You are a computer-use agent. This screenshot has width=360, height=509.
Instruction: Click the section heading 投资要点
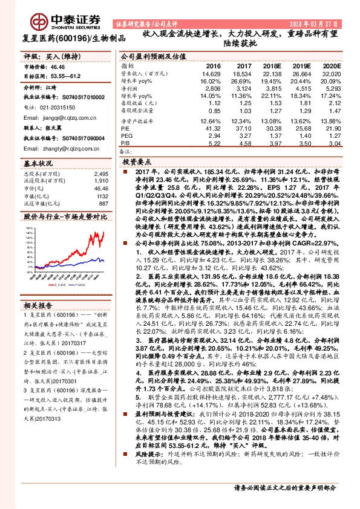[136, 163]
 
